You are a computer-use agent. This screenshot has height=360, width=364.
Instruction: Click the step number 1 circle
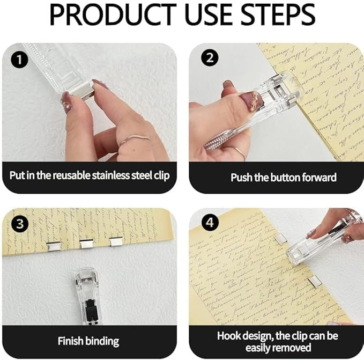(x=19, y=60)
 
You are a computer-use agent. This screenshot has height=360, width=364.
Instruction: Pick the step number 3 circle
(x=19, y=224)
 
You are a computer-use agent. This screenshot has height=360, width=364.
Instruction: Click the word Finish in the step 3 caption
(x=71, y=341)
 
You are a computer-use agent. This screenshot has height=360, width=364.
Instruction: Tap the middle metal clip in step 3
(x=87, y=244)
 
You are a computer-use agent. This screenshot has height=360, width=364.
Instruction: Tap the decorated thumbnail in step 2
(x=250, y=101)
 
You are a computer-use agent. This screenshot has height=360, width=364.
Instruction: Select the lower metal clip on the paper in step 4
(x=315, y=280)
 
